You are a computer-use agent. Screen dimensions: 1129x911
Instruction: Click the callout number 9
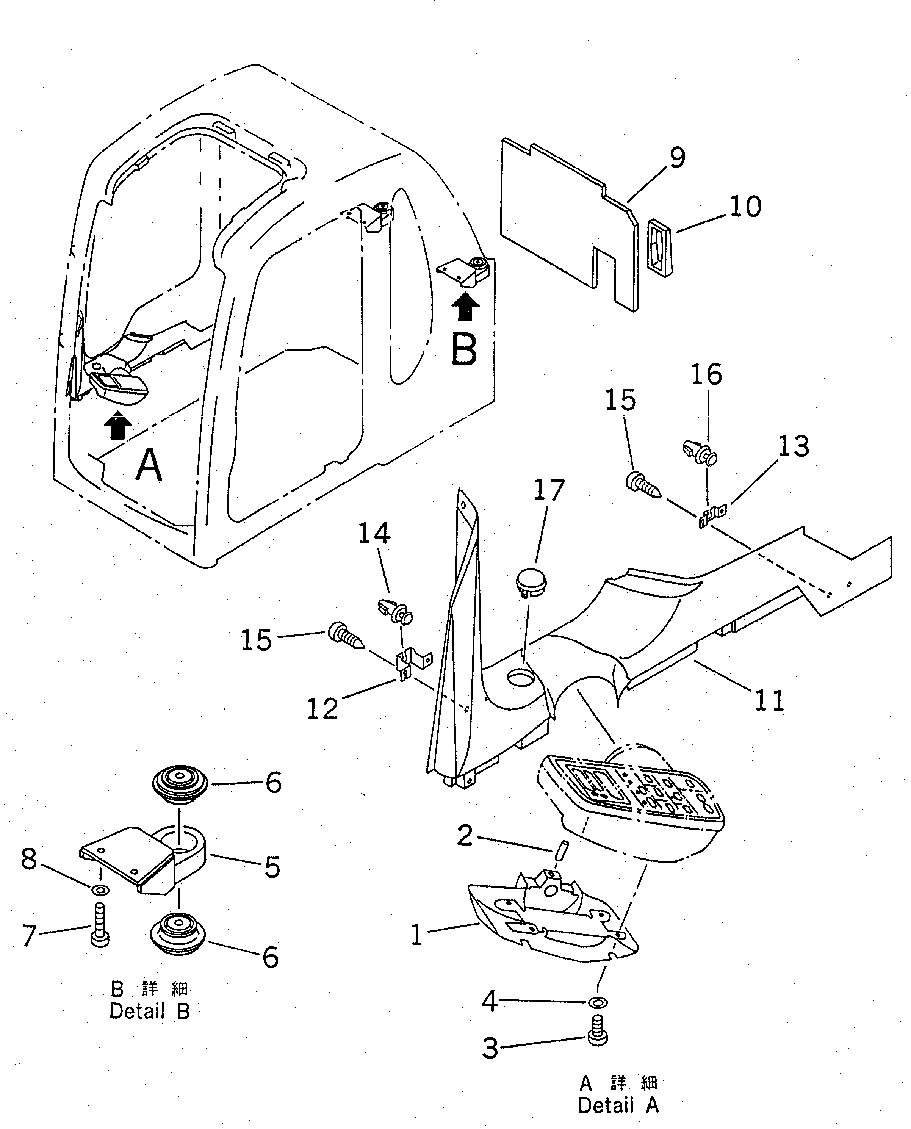pos(677,157)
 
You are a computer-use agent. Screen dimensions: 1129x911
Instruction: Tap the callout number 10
pos(745,207)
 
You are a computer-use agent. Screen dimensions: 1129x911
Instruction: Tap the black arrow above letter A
pos(119,425)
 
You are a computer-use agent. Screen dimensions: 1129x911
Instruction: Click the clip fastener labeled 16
pos(701,453)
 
